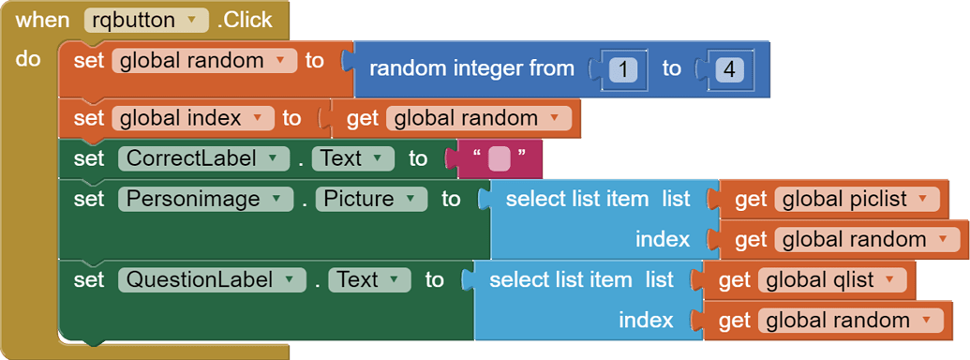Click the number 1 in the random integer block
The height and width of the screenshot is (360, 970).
(622, 68)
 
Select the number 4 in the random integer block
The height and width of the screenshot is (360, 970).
(727, 68)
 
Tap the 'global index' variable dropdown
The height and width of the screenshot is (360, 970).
(193, 118)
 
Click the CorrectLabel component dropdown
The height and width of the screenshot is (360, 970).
(203, 158)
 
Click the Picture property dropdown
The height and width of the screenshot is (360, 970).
(370, 199)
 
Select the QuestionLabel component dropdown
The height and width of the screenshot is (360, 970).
(212, 279)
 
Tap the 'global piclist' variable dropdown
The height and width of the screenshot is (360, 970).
(857, 199)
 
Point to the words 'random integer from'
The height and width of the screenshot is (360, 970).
(472, 68)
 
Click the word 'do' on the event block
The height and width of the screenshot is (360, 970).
(29, 59)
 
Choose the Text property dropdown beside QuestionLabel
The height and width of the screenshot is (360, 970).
(369, 279)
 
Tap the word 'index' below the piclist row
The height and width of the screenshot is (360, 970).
(663, 239)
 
